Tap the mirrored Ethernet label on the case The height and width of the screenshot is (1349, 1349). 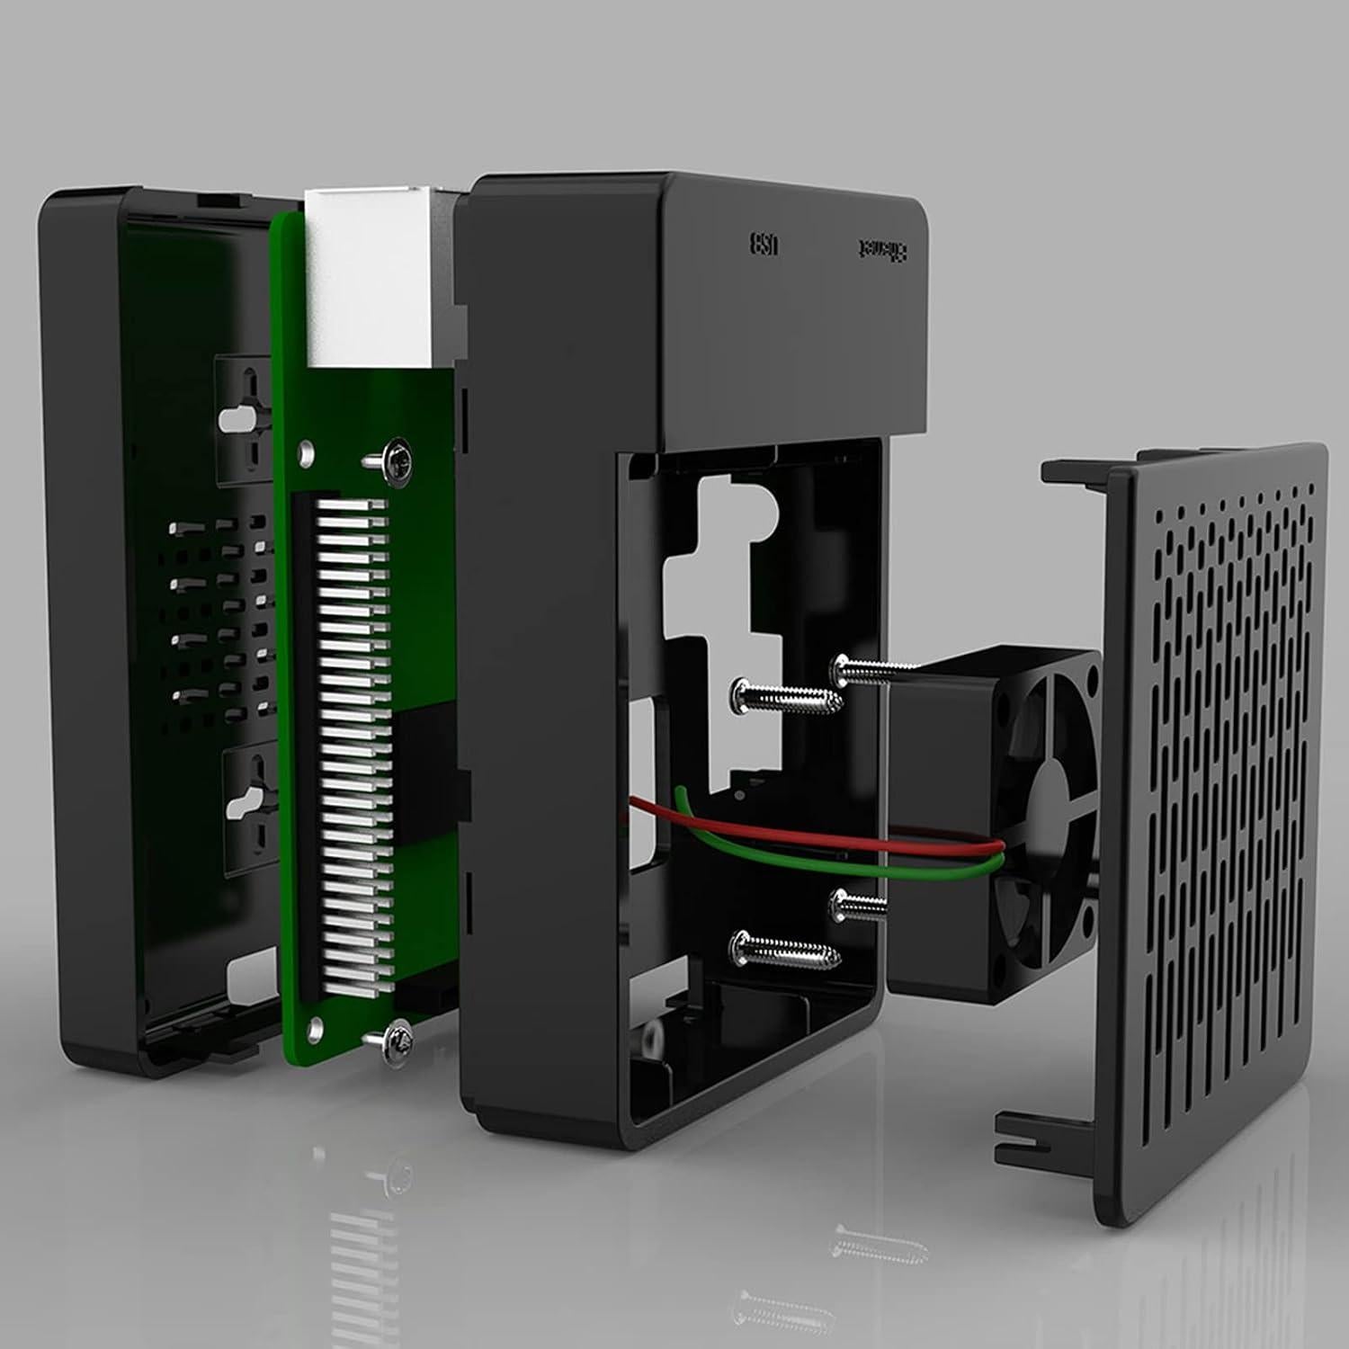tap(881, 248)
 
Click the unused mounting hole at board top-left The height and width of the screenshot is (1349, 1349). tap(308, 447)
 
